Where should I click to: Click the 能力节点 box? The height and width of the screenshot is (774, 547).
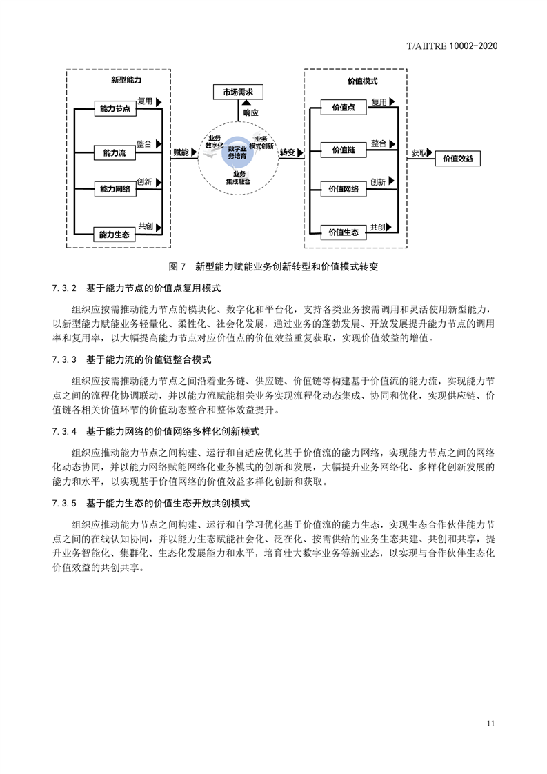click(x=115, y=108)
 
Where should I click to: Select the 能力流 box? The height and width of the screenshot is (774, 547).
click(x=115, y=153)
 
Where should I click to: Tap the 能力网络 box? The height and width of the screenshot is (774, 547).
click(x=115, y=189)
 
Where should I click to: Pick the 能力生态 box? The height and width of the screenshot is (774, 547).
click(x=114, y=235)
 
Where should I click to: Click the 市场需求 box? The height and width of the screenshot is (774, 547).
click(x=238, y=92)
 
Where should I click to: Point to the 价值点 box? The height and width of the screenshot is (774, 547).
click(x=344, y=108)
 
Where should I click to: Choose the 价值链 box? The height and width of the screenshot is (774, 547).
click(x=344, y=150)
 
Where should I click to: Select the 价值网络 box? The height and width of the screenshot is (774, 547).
click(x=344, y=189)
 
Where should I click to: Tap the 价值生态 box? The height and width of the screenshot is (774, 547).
click(x=344, y=232)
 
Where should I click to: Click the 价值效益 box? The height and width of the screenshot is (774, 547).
click(x=457, y=159)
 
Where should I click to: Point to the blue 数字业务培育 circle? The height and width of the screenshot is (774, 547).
click(x=237, y=152)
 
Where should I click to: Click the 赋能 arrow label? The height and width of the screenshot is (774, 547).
click(x=181, y=152)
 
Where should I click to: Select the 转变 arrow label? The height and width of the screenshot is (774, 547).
click(x=288, y=152)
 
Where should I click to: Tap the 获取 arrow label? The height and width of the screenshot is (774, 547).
click(x=419, y=153)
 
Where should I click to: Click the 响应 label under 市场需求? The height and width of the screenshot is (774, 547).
click(x=251, y=112)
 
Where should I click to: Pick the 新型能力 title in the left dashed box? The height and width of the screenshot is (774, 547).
click(x=126, y=80)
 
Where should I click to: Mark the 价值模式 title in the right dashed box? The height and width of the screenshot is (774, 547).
click(x=363, y=81)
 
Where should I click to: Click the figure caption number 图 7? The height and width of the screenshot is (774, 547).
click(x=177, y=266)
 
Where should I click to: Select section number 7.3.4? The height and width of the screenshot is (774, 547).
click(x=65, y=431)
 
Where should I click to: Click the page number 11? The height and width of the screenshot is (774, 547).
click(x=490, y=724)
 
